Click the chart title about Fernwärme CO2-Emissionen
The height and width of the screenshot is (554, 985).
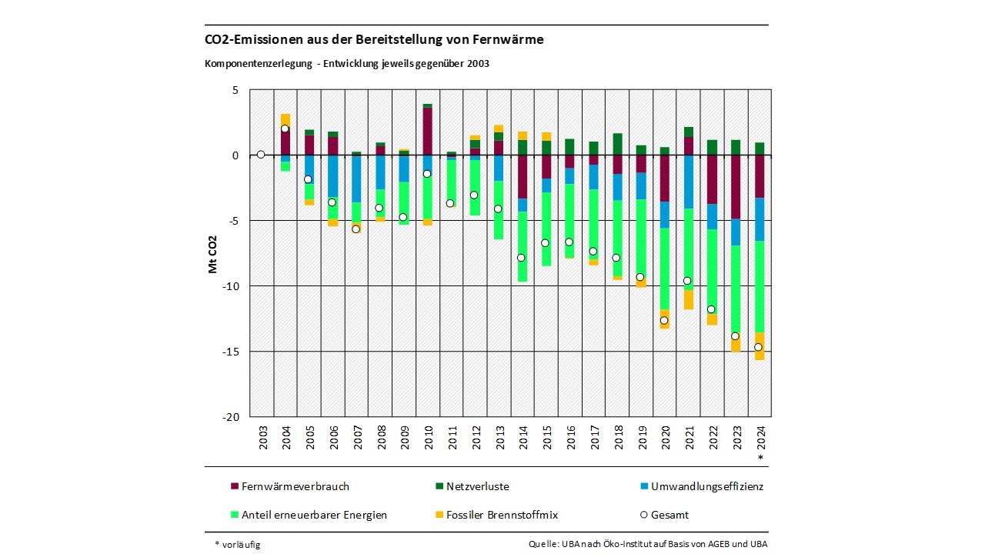tap(374, 40)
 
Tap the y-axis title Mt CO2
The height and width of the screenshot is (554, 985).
tap(212, 254)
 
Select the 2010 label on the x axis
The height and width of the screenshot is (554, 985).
tap(428, 439)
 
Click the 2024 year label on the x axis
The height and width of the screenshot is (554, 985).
tap(761, 439)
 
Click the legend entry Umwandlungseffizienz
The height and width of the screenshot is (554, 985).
tap(706, 486)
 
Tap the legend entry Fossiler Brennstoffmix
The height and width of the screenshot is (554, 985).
tap(499, 515)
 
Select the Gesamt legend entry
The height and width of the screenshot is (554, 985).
tap(669, 515)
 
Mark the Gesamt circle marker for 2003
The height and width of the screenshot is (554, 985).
tap(261, 155)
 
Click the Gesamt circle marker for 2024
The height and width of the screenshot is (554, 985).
tap(759, 347)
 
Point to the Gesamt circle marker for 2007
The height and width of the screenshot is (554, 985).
tap(356, 229)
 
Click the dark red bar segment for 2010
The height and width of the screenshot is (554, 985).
tap(427, 131)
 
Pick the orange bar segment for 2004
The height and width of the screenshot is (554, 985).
tap(285, 119)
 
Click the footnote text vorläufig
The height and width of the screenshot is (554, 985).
tap(242, 545)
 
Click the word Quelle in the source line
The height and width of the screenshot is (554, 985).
tap(543, 545)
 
